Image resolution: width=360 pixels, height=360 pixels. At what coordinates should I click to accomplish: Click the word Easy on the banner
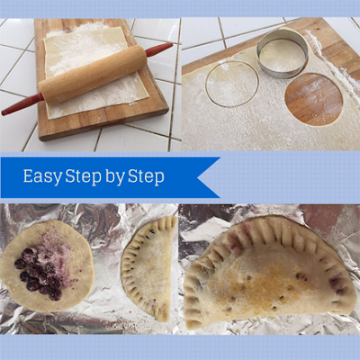[x=42, y=176]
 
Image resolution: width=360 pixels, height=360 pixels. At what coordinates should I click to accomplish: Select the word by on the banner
[x=115, y=177]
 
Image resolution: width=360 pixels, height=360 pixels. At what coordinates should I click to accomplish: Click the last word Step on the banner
[x=146, y=176]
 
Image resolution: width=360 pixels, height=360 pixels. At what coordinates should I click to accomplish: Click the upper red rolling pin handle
[x=159, y=49]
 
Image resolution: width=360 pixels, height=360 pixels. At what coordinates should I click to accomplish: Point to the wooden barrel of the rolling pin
[x=93, y=75]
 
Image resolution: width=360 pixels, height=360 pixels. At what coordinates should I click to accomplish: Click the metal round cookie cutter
[x=282, y=53]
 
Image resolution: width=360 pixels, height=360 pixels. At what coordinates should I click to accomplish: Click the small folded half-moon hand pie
[x=149, y=268]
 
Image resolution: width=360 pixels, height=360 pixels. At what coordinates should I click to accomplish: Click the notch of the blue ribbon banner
[x=199, y=177]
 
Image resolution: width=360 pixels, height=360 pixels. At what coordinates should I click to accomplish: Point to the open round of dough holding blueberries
[x=47, y=265]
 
